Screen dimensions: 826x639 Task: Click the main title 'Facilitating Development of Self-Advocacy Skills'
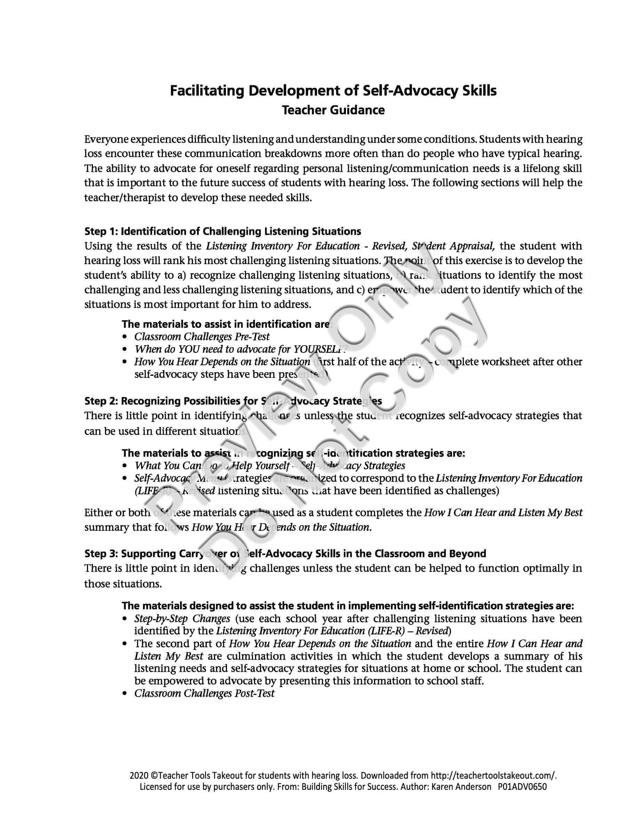[333, 91]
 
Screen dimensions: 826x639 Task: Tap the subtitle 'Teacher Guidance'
[333, 110]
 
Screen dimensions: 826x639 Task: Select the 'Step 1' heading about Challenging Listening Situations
[223, 231]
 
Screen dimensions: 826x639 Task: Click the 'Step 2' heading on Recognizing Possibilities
[233, 401]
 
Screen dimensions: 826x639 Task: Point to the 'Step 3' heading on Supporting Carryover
[285, 554]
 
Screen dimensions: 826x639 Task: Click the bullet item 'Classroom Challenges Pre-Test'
[202, 336]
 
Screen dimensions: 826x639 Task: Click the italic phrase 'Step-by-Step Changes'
[182, 619]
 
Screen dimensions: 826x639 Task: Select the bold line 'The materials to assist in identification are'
[226, 324]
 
